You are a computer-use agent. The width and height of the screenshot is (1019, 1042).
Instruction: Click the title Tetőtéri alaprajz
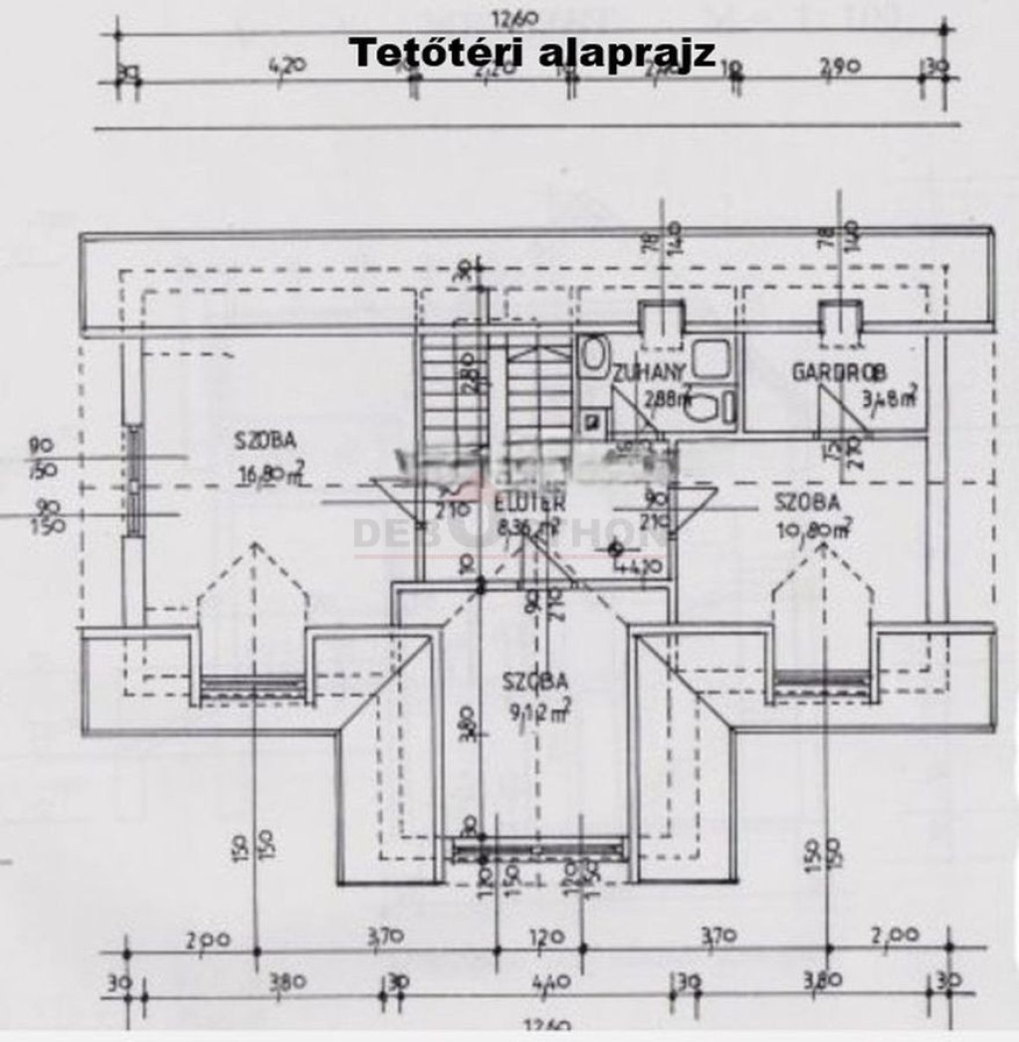point(532,53)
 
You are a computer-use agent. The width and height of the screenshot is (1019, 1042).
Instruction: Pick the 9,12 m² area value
point(536,712)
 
